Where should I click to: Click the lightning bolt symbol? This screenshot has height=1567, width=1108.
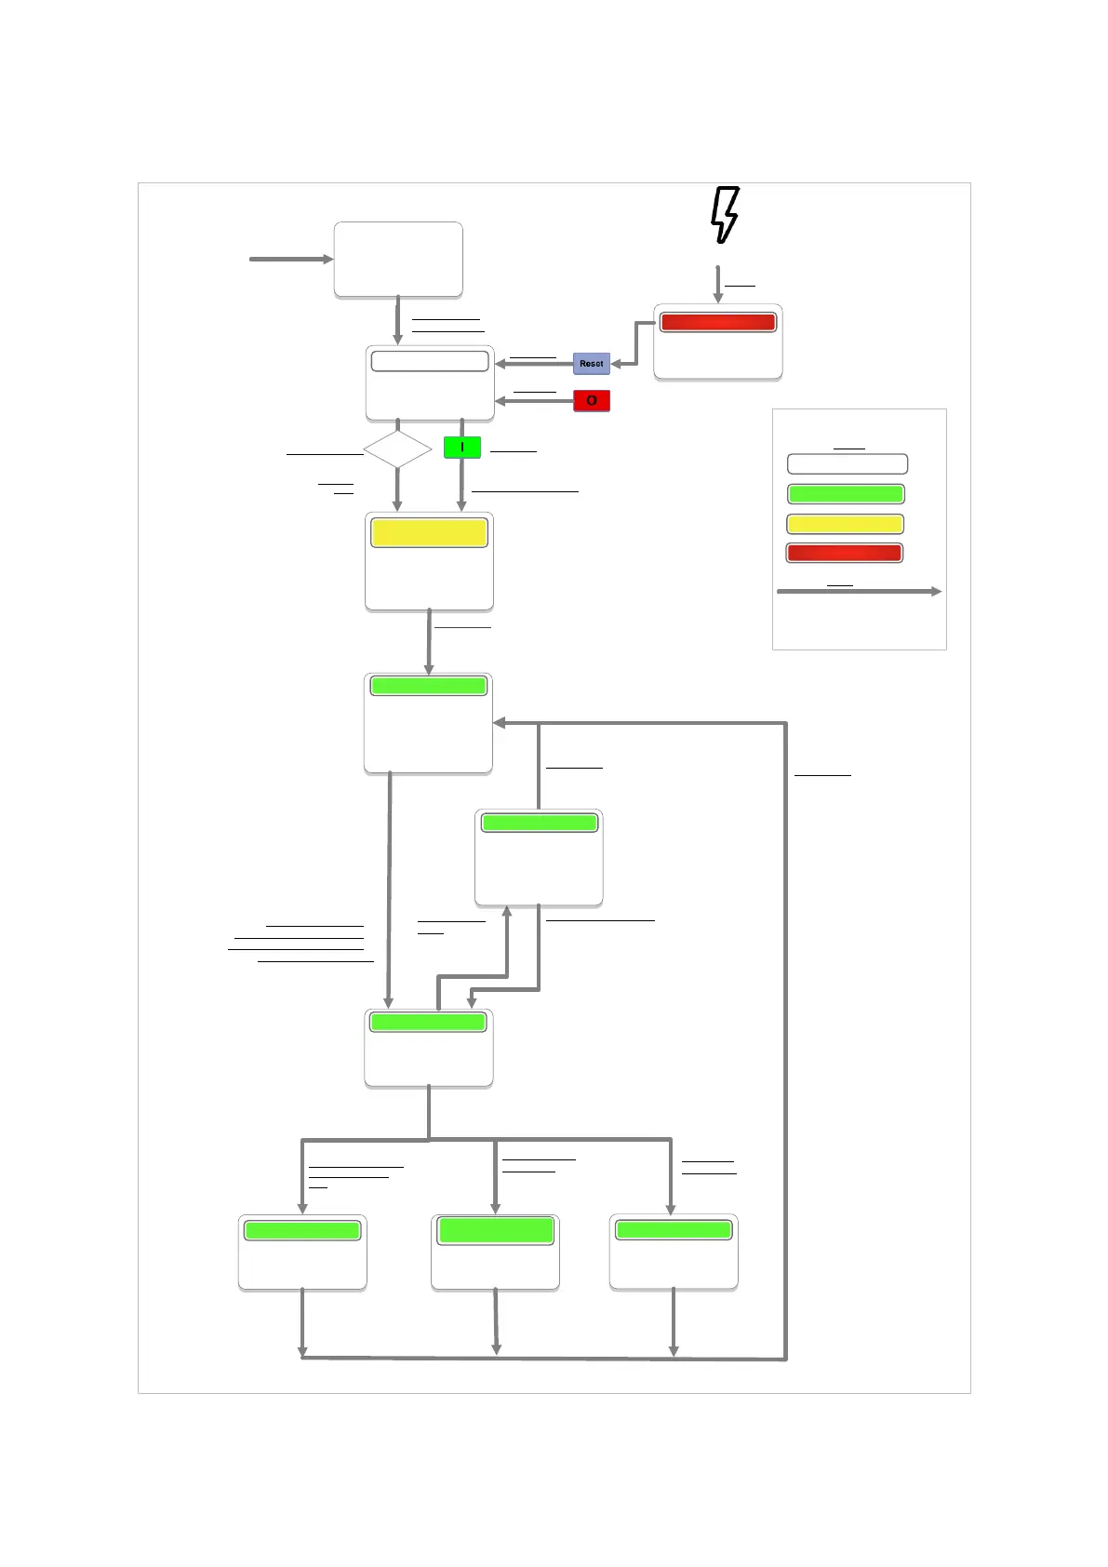(725, 215)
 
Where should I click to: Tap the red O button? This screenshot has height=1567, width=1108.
(592, 401)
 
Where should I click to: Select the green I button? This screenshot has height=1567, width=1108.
(462, 448)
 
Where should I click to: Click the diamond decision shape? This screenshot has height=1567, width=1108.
(397, 449)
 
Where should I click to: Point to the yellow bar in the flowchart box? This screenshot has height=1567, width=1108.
(429, 533)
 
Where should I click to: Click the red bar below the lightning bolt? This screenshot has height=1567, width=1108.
(717, 322)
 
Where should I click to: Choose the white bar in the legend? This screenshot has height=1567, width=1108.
(847, 464)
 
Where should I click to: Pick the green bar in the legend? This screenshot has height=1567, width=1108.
(846, 494)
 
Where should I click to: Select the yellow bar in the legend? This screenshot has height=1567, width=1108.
(845, 524)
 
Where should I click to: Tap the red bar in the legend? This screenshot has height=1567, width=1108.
(844, 553)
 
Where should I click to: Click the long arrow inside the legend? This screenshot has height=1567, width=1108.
(858, 592)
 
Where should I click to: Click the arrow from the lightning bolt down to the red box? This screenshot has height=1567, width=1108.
(717, 284)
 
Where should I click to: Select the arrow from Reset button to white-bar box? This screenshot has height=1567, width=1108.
(534, 364)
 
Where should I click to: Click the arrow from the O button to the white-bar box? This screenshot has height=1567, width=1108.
(534, 401)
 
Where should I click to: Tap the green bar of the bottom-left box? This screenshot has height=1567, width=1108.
(302, 1230)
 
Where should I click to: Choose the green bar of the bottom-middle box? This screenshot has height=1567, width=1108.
(496, 1230)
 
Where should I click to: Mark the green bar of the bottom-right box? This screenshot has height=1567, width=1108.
(674, 1230)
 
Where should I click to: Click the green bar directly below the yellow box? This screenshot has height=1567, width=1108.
(428, 686)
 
